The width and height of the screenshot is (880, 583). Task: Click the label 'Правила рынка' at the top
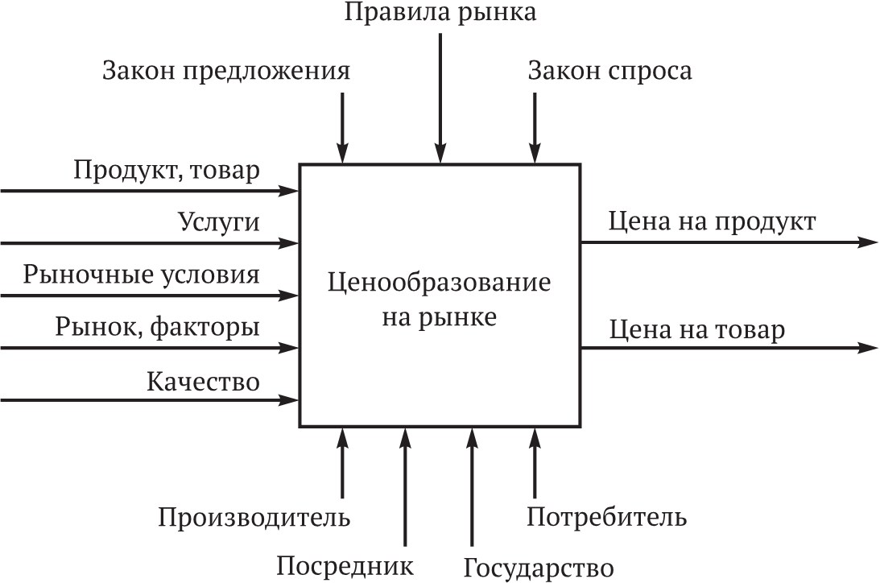click(x=440, y=13)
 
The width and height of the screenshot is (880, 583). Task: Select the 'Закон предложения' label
click(x=226, y=72)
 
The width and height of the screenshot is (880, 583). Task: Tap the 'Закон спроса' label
click(x=609, y=72)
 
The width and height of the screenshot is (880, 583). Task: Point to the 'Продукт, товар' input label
click(x=167, y=171)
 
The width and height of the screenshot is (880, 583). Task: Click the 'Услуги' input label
click(x=219, y=223)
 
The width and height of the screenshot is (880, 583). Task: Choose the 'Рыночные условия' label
click(x=142, y=275)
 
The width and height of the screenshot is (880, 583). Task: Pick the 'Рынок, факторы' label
click(x=158, y=327)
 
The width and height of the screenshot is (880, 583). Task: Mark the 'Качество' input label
click(x=203, y=380)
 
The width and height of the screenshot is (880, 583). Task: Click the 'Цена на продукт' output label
click(x=713, y=221)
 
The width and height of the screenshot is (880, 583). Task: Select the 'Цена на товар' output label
click(x=697, y=329)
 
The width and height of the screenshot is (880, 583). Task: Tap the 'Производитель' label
click(x=254, y=516)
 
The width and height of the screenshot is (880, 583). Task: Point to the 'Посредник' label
click(x=345, y=565)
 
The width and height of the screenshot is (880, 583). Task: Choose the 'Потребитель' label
click(x=607, y=516)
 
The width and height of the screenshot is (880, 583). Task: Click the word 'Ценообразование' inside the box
click(x=440, y=283)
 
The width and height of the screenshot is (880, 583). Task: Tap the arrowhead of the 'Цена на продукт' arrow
click(x=868, y=242)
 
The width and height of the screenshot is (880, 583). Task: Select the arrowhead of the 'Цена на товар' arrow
click(x=868, y=348)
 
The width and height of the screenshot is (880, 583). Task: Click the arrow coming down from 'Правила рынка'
click(x=440, y=97)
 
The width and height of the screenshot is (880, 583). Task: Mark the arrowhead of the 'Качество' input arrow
click(x=290, y=399)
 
